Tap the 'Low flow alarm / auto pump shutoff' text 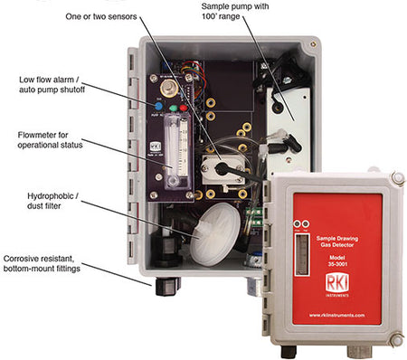pos(52,85)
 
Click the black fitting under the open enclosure pos(167,288)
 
